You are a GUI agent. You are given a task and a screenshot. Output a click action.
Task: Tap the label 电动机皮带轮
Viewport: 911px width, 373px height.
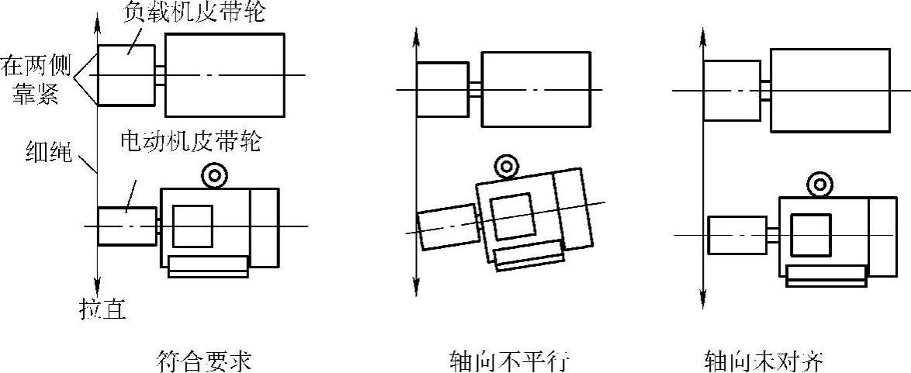coord(192,143)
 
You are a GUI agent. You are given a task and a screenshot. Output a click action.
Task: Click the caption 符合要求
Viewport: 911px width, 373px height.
coord(204,361)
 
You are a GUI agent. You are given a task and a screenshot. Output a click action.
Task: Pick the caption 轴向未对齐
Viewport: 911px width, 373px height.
coord(764,361)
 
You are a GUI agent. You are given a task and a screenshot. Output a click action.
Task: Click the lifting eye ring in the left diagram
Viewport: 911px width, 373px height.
coord(213,176)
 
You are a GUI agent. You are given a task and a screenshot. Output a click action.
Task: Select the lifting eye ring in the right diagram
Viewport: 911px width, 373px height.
coord(817,185)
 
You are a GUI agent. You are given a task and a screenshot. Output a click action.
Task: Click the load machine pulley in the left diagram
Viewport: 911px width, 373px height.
coord(126,74)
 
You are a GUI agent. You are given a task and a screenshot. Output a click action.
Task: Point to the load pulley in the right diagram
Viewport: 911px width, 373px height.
coord(732,91)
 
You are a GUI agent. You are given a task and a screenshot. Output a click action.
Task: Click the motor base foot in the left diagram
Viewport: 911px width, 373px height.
coord(207,266)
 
